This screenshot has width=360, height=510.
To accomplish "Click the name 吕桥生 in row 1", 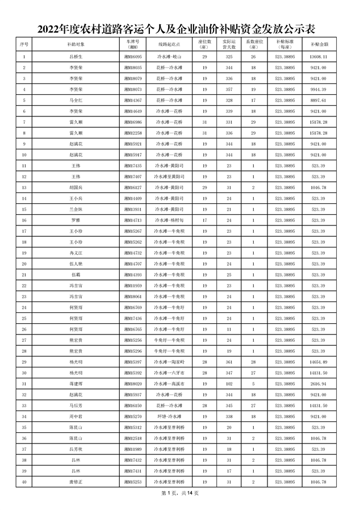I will [76, 57].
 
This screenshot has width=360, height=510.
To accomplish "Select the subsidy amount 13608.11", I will [319, 57].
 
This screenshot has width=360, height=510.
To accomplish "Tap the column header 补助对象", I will [76, 44].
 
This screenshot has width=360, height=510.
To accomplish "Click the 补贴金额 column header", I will [319, 44].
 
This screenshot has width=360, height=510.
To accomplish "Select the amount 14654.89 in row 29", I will [319, 362].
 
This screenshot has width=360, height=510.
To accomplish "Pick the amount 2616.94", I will [319, 383].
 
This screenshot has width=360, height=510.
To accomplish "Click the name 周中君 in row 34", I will [76, 416].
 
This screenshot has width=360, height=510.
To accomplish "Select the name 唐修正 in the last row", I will [76, 482].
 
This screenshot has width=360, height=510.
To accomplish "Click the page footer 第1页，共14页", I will [180, 494].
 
